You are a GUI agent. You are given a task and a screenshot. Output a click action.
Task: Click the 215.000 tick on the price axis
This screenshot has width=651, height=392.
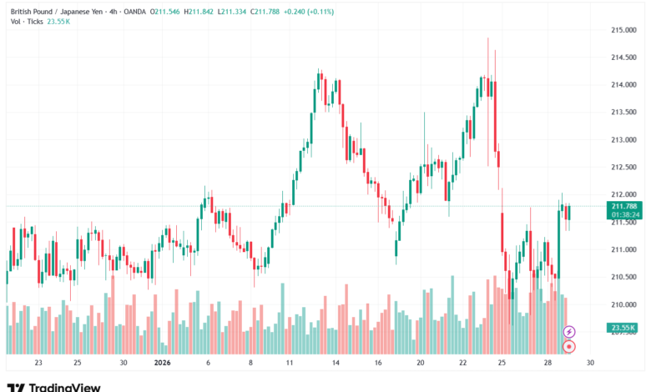click(624, 30)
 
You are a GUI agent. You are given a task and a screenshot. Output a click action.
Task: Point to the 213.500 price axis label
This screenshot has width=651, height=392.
click(624, 112)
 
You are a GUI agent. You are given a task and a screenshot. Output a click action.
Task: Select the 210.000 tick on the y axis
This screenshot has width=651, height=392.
click(624, 304)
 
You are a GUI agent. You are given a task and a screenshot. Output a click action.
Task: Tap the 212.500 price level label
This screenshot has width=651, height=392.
click(624, 167)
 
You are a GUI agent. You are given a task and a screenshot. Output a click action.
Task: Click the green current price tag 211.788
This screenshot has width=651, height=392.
click(625, 206)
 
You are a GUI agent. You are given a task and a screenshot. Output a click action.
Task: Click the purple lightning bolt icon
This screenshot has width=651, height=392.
click(569, 332)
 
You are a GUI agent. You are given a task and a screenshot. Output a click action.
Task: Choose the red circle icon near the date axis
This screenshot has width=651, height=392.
click(569, 346)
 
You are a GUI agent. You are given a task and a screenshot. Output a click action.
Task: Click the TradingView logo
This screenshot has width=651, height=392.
click(54, 386)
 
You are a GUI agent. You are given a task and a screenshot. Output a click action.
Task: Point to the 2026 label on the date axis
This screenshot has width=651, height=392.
click(163, 363)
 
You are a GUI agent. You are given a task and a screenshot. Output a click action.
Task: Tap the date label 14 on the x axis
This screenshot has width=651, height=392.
click(334, 363)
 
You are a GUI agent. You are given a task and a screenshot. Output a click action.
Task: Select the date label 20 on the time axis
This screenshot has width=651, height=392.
click(421, 363)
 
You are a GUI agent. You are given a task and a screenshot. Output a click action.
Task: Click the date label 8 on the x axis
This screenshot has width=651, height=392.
click(251, 363)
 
